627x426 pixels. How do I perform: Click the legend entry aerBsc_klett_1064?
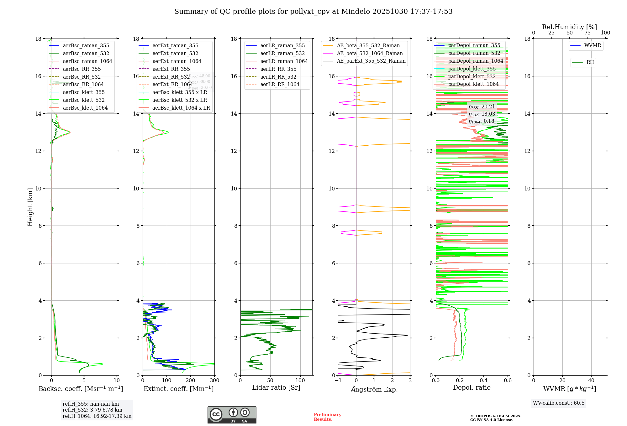[x=85, y=108]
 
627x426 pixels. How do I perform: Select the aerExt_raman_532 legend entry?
[x=175, y=53]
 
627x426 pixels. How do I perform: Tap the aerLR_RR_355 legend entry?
[x=278, y=69]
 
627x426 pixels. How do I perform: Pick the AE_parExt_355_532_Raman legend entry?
[x=371, y=61]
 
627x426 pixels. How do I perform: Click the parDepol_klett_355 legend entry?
[x=472, y=69]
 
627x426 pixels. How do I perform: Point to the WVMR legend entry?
[x=593, y=45]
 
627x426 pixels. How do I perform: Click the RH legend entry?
[x=590, y=62]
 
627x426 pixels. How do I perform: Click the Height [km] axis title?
[x=30, y=207]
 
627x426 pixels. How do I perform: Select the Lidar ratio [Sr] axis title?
[x=276, y=387]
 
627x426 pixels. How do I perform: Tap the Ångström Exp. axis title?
[x=374, y=389]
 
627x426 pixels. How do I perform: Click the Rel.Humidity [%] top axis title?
[x=569, y=27]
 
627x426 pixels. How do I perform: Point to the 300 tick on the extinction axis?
[x=214, y=380]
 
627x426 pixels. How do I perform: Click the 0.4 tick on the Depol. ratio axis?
[x=484, y=380]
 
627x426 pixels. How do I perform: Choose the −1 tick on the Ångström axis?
[x=338, y=380]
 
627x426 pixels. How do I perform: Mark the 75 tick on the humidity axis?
[x=587, y=33]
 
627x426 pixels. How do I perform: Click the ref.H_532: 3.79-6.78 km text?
[x=92, y=410]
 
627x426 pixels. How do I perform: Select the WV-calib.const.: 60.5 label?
[x=559, y=403]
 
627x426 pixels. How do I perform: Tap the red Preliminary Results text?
[x=327, y=417]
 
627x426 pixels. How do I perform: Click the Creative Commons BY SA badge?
[x=232, y=415]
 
